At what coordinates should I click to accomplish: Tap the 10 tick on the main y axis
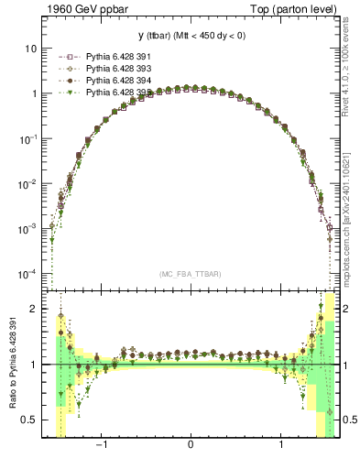[x=32, y=48]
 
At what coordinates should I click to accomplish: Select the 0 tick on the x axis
[x=191, y=448]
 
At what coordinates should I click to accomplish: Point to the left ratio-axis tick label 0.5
[x=32, y=420]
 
